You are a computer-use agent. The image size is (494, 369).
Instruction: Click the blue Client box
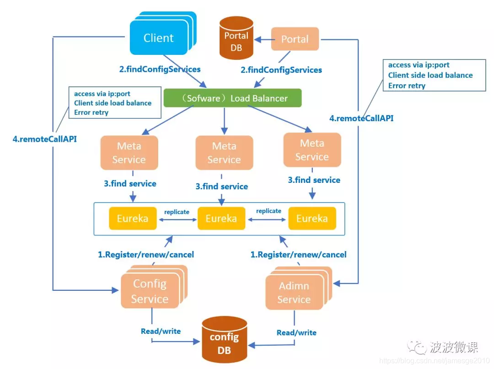pos(158,38)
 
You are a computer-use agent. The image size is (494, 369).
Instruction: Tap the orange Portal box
pos(295,39)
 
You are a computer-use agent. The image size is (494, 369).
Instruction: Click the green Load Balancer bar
pos(233,98)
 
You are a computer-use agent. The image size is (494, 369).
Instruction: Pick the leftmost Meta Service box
pos(129,153)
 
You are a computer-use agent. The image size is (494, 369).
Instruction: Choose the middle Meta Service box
pos(224,153)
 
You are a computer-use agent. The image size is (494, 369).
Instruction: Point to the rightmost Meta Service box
pos(312,150)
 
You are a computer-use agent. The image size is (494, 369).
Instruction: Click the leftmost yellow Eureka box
pos(132,219)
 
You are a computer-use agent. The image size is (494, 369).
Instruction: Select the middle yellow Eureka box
pos(221,219)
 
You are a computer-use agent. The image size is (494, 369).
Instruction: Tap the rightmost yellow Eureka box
pos(312,219)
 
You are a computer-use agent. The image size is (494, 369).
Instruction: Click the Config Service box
pos(150,291)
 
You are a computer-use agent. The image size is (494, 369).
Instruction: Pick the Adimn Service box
pos(294,293)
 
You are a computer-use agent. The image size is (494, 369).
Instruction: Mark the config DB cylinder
pos(224,344)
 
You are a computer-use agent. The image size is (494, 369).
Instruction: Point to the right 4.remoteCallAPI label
pos(361,118)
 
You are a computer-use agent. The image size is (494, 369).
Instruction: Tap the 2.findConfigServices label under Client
pos(160,70)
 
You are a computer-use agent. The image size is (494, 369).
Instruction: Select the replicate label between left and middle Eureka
pos(177,212)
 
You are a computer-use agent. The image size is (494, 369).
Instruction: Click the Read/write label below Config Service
pos(161,331)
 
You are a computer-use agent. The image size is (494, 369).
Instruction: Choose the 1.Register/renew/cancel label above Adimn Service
pos(298,254)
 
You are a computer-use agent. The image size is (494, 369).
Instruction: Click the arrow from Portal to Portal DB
pos(263,40)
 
